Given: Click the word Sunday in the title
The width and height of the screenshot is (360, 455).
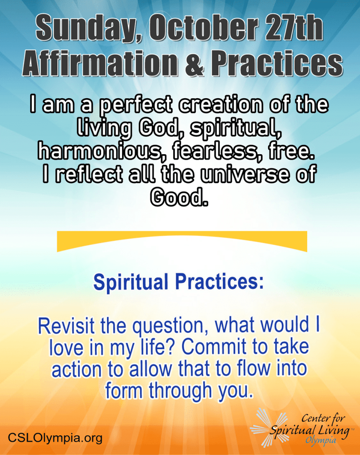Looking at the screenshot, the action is (x=87, y=29).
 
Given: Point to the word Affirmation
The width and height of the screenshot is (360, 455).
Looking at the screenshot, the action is (x=100, y=63).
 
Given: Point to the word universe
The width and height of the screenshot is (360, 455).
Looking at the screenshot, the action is (x=245, y=175).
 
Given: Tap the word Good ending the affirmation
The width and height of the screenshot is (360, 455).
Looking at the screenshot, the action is (x=179, y=197).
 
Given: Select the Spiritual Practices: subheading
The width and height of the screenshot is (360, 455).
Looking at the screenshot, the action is (x=178, y=282).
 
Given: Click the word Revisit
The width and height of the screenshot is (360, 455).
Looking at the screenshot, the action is (x=67, y=326).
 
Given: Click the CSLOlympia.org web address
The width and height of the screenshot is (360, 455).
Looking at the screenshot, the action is (x=55, y=438).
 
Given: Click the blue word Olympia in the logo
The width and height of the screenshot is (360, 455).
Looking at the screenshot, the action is (x=320, y=441).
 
